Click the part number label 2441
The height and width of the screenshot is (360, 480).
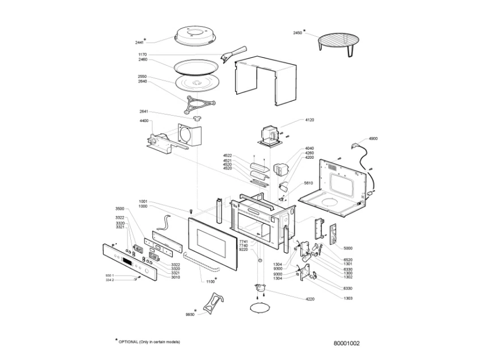pyautogui.click(x=139, y=42)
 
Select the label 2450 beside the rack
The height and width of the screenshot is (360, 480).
pyautogui.click(x=298, y=33)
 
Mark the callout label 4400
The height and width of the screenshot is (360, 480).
pyautogui.click(x=144, y=121)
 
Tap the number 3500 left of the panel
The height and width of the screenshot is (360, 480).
pyautogui.click(x=119, y=209)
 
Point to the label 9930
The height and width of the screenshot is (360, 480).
pyautogui.click(x=190, y=314)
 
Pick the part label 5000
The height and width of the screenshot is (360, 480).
pyautogui.click(x=349, y=248)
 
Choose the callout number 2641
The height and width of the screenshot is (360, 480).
pyautogui.click(x=144, y=112)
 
